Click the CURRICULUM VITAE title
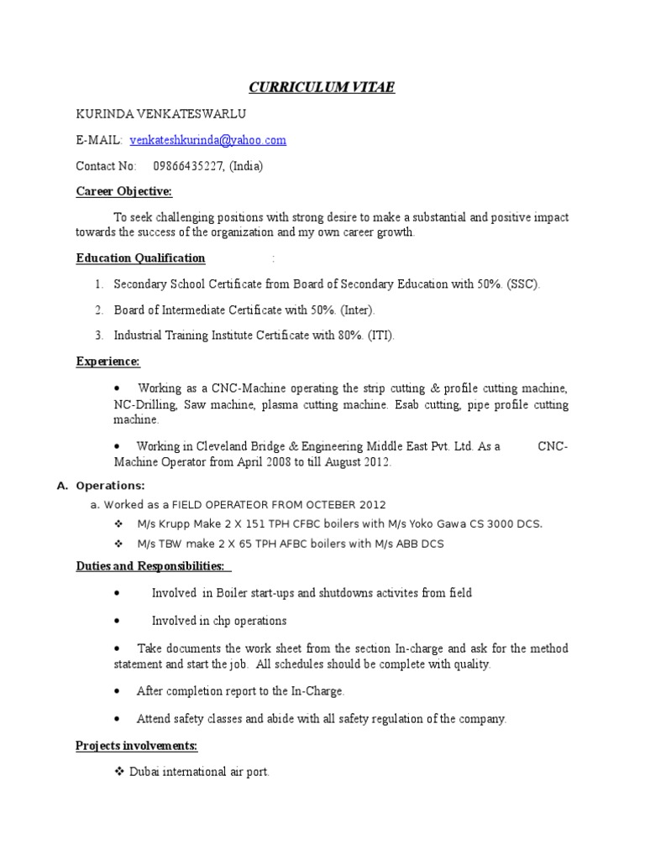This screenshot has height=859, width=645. click(x=322, y=86)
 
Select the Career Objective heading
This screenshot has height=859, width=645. click(x=123, y=192)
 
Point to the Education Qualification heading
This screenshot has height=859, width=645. click(x=140, y=258)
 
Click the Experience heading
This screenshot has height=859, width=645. click(x=107, y=362)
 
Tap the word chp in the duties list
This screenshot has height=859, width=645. click(x=221, y=621)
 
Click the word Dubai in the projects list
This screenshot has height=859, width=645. click(x=144, y=771)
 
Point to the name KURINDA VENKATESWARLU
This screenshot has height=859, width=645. click(x=149, y=114)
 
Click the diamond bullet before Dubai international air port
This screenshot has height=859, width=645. click(x=119, y=771)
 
